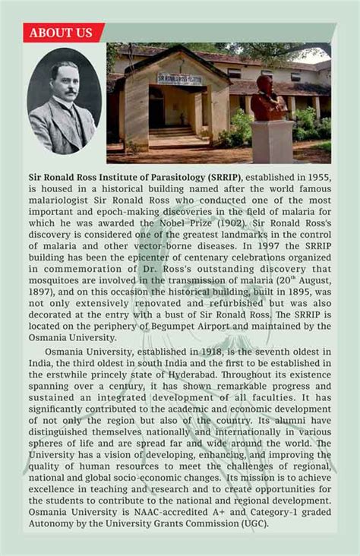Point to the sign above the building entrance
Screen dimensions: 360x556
[x=179, y=78]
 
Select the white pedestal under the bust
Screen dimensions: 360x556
[x=273, y=141]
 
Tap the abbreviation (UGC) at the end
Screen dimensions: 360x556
[x=251, y=524]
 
